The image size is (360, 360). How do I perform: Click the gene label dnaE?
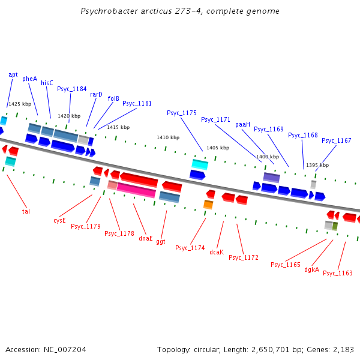click(x=146, y=238)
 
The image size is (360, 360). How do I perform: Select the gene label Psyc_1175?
click(x=182, y=113)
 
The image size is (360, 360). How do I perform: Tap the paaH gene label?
click(x=242, y=124)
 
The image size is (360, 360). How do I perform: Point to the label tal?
click(x=26, y=211)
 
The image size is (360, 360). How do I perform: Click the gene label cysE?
click(x=59, y=220)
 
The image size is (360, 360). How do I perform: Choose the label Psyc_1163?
click(x=338, y=273)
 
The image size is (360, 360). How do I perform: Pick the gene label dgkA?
click(x=311, y=269)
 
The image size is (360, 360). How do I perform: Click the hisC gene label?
click(x=47, y=83)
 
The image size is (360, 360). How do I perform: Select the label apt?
click(x=13, y=74)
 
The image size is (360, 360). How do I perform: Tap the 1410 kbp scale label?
click(x=167, y=137)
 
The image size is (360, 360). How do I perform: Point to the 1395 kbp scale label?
click(x=317, y=165)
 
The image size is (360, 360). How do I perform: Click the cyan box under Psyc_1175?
click(x=200, y=164)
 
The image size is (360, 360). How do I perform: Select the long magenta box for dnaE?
click(x=136, y=190)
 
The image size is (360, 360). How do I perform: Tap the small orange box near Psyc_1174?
click(x=208, y=205)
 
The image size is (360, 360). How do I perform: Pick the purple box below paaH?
click(x=271, y=178)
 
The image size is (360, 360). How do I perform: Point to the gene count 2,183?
click(x=343, y=349)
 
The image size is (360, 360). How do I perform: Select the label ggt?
click(x=161, y=241)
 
